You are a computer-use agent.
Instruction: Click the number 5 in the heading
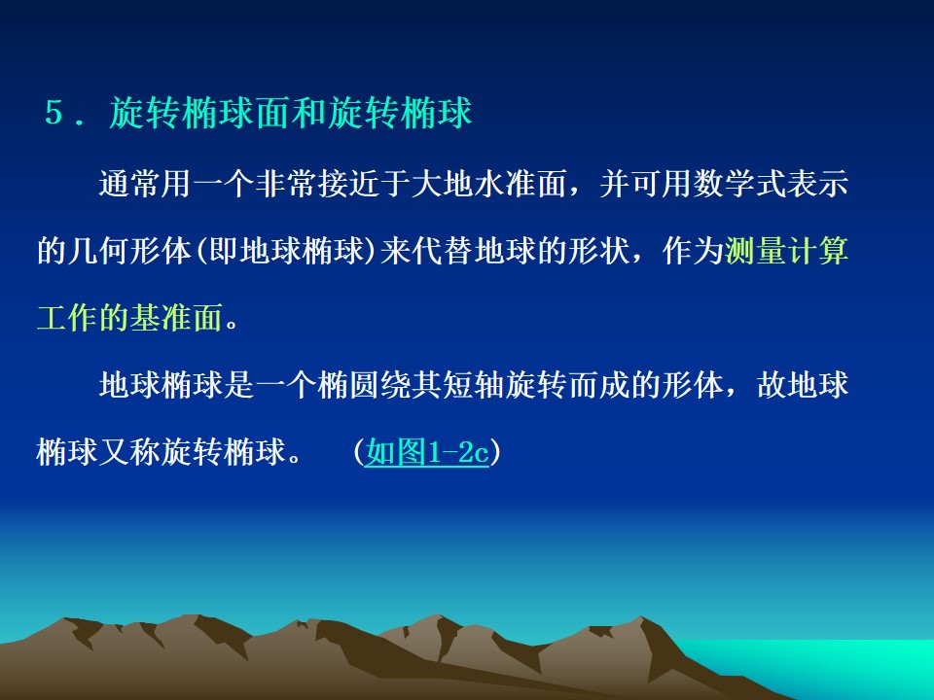coord(54,112)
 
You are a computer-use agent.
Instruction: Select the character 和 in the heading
coord(309,112)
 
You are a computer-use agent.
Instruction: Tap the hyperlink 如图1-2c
coord(426,452)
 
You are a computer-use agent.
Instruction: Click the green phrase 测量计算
coord(786,251)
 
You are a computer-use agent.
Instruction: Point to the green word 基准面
coord(176,318)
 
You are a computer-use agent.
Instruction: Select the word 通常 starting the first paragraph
coord(129,183)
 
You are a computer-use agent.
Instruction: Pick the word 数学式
coord(739,183)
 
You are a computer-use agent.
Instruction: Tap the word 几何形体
coord(129,251)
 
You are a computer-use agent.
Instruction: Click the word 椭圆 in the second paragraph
coord(348,385)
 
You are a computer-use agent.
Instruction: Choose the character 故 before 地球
coord(772,385)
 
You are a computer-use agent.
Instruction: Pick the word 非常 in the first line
coord(286,183)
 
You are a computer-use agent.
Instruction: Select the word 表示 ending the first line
coord(817,183)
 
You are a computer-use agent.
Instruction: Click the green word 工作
coord(68,318)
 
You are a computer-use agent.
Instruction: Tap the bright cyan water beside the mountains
coord(834,667)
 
